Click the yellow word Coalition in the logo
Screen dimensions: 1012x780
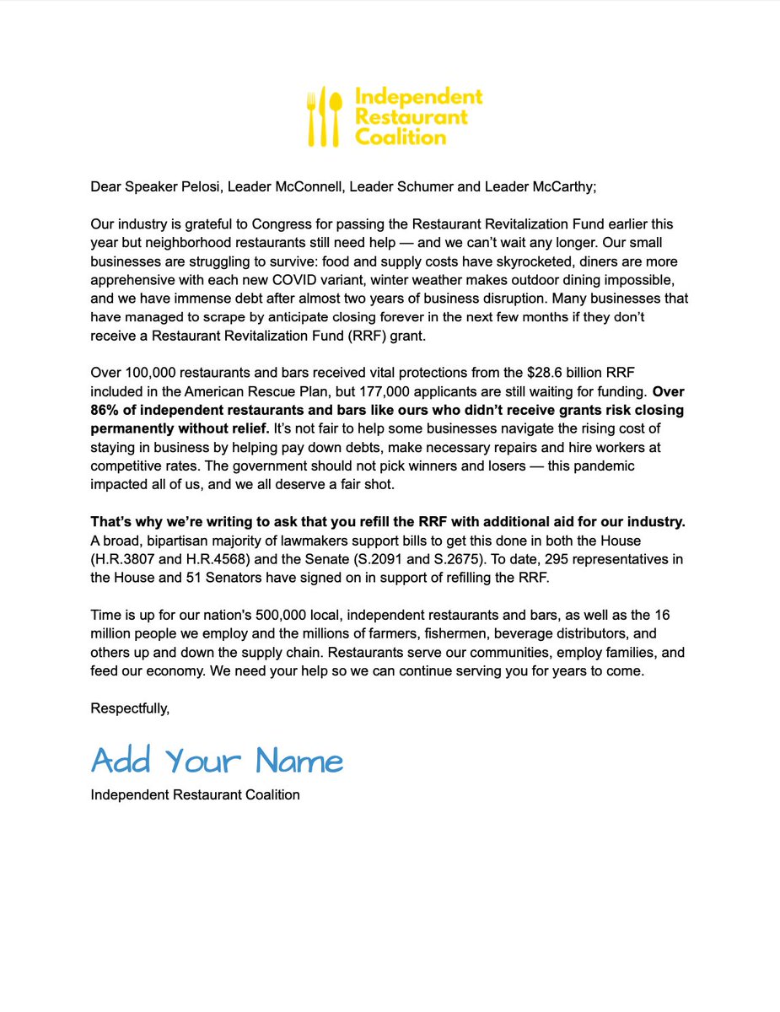[x=400, y=137]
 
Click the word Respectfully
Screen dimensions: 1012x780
[x=130, y=708]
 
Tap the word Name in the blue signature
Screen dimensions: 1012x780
[x=299, y=761]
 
